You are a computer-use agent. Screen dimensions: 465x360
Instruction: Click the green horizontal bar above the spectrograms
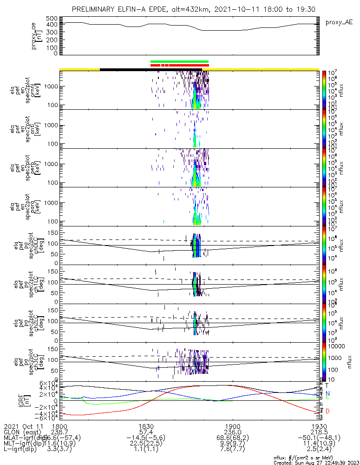[179, 61]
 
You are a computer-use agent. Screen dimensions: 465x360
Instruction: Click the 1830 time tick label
[146, 426]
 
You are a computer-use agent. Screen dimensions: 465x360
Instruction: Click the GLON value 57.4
[146, 432]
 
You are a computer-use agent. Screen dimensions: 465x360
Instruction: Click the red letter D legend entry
[327, 411]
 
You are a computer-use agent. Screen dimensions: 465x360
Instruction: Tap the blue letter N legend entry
[327, 393]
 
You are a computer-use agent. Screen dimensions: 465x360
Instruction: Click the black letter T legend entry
[327, 385]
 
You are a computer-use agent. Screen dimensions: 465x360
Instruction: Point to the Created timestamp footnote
[316, 462]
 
